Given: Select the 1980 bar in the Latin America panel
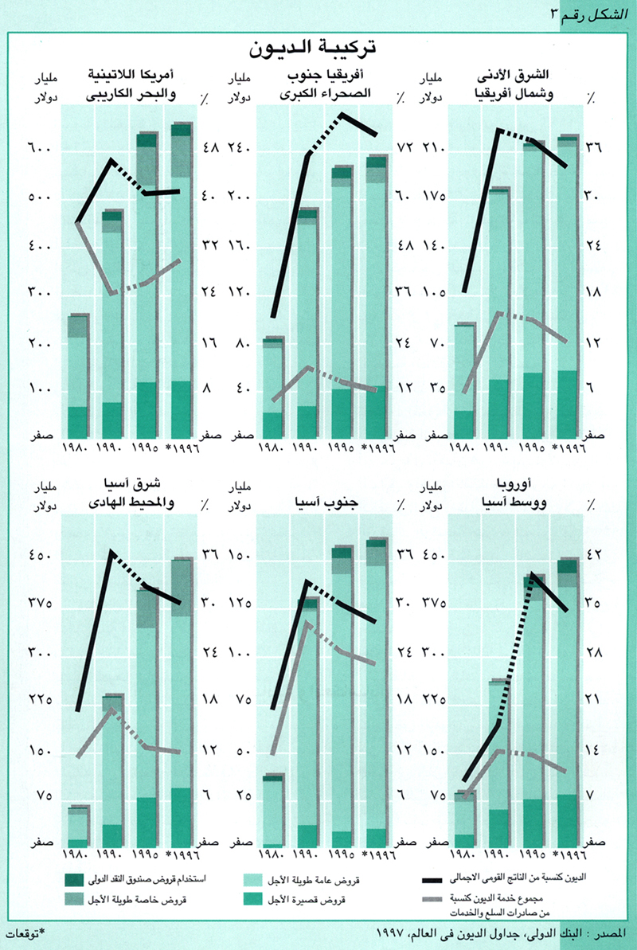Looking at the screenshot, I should tap(78, 374).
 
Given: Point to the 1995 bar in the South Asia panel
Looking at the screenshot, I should tap(342, 696).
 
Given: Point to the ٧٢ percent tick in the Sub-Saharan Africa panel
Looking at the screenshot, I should tap(404, 149).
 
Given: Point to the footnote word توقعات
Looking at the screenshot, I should tap(25, 932).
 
